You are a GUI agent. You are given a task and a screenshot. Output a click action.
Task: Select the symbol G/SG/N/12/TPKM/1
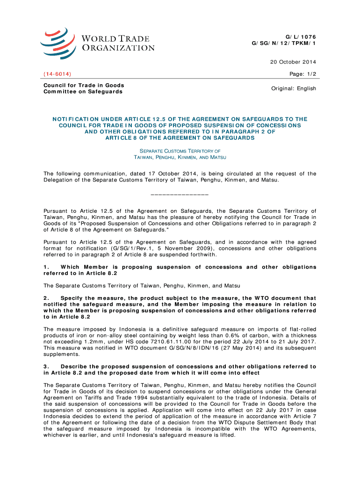(x=284, y=44)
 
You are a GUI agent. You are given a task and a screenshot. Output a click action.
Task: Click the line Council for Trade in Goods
(x=84, y=85)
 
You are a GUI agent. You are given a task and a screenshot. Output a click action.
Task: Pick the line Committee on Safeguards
(x=83, y=92)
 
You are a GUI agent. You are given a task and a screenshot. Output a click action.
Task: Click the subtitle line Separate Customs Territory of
(x=180, y=151)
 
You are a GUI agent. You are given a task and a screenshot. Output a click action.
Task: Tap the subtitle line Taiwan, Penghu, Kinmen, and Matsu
(x=180, y=158)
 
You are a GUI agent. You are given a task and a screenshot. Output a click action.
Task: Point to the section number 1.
(x=46, y=267)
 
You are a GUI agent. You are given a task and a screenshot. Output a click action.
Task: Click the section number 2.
(x=46, y=298)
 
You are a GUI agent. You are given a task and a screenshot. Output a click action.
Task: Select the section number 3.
(x=46, y=366)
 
